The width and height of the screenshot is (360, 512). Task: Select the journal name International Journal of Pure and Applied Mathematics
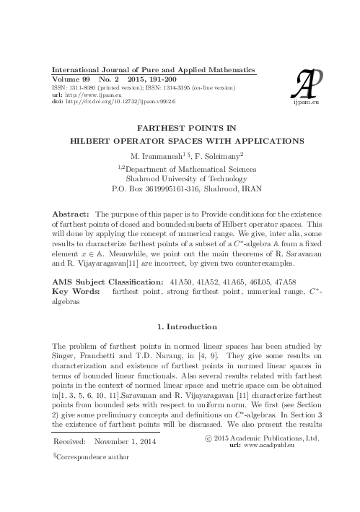(146, 64)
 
